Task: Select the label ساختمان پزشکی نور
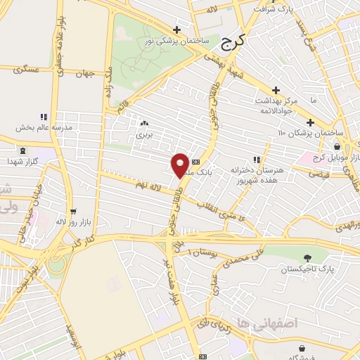click(x=177, y=41)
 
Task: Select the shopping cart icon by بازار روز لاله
click(x=73, y=211)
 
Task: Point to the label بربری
click(x=144, y=133)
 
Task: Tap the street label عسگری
click(x=28, y=71)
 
